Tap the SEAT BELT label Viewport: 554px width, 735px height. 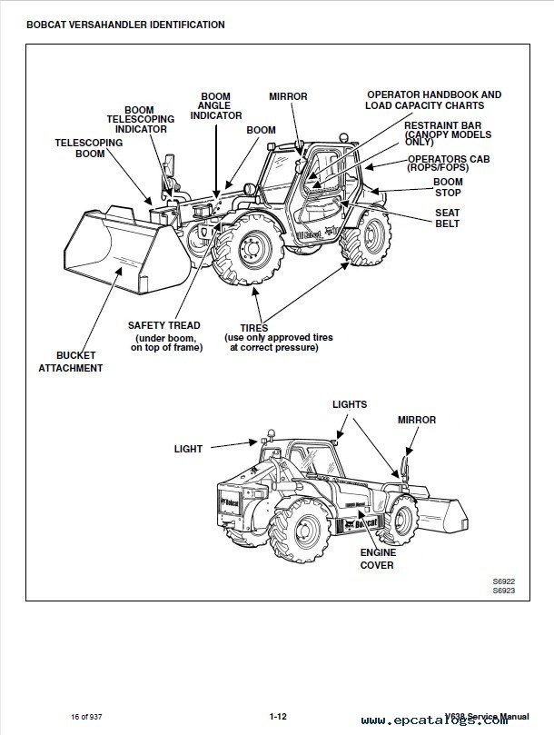coord(447,217)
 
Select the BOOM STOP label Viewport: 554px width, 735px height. coord(447,187)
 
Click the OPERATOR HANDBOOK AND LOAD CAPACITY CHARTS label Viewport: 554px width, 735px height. coord(433,99)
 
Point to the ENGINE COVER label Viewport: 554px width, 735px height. coord(377,558)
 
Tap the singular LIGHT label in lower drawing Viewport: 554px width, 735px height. coord(188,449)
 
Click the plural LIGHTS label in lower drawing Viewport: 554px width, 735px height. coord(349,403)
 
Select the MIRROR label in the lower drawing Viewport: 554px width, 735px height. coord(416,420)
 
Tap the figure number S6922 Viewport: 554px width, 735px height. coord(503,581)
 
